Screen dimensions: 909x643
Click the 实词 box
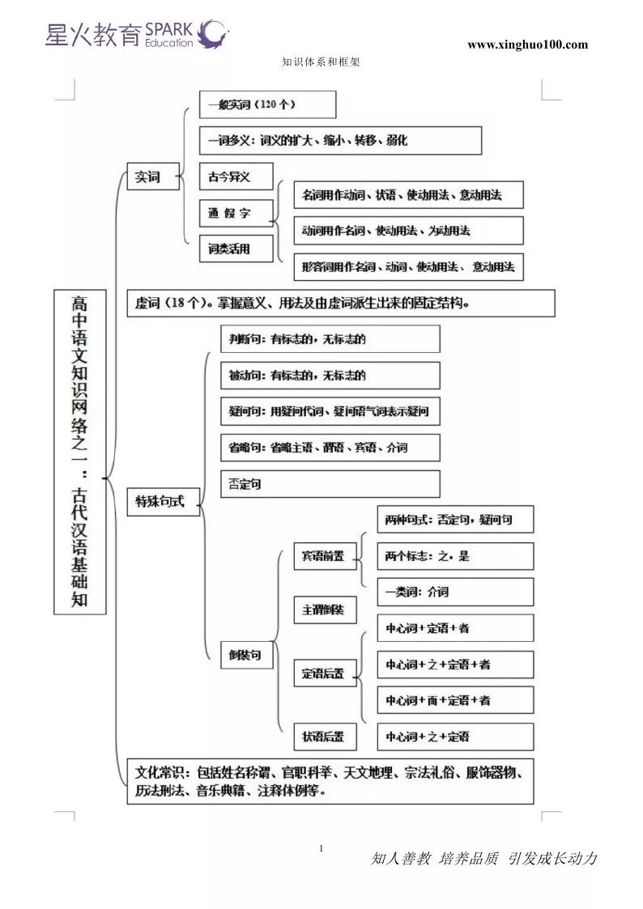coord(153,176)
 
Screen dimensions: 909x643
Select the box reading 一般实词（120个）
coord(267,104)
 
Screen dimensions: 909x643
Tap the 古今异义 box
coord(236,176)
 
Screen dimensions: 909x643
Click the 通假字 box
coord(236,214)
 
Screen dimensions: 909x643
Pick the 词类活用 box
coord(236,249)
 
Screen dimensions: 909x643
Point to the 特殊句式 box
coord(163,502)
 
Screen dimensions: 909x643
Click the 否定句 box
coord(330,484)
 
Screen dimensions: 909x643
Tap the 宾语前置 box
coord(325,556)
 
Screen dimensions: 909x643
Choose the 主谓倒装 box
coord(325,610)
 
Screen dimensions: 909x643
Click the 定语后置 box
coord(325,673)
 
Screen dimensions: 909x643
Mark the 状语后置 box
coord(325,737)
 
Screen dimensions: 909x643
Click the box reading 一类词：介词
coord(455,592)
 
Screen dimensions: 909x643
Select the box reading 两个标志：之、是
coord(455,556)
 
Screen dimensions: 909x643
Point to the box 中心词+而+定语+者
coord(455,700)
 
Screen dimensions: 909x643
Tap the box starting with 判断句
coord(330,339)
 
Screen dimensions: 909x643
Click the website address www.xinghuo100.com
coord(527,45)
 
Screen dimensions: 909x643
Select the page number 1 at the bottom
coord(321,848)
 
